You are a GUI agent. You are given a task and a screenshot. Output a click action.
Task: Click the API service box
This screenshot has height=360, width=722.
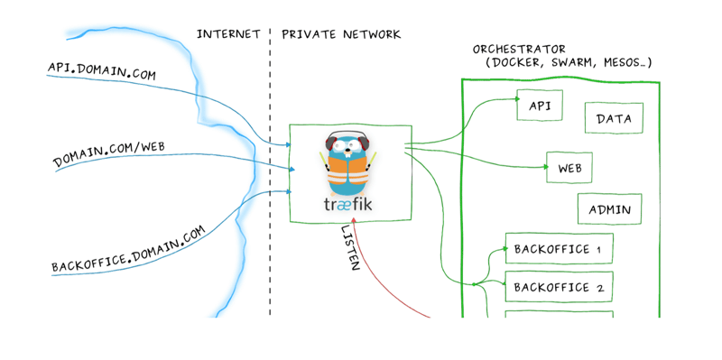540,106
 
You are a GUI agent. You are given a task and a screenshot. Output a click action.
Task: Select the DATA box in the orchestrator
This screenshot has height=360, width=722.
614,117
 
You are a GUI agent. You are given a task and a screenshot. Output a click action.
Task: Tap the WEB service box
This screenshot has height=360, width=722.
569,168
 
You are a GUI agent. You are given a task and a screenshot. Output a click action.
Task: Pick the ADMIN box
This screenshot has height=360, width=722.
609,209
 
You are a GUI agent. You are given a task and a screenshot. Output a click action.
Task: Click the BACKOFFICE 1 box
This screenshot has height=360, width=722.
558,249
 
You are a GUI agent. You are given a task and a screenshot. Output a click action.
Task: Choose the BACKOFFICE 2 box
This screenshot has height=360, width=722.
558,288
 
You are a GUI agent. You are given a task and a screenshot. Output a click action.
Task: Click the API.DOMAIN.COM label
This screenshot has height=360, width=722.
101,69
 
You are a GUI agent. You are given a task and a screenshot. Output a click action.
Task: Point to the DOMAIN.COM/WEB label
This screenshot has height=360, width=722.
107,152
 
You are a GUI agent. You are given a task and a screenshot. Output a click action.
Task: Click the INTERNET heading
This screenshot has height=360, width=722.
227,34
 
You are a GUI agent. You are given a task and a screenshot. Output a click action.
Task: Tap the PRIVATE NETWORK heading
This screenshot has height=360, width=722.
341,34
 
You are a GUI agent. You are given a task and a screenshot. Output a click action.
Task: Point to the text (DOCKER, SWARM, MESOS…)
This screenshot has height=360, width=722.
569,63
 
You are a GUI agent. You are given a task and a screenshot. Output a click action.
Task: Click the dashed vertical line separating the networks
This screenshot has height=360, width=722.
269,180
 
